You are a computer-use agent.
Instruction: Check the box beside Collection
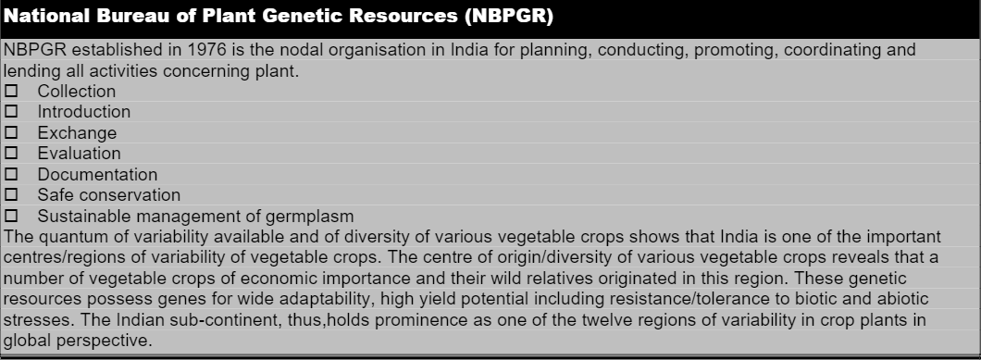(11, 91)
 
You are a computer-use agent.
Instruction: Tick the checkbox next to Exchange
(11, 132)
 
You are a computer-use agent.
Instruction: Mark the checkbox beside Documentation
(11, 174)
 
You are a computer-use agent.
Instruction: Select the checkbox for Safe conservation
(11, 194)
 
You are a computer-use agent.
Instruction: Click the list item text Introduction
(84, 111)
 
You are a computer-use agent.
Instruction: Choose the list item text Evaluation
(79, 154)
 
